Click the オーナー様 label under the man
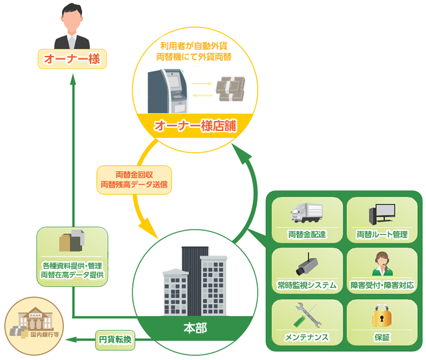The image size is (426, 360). point(72,60)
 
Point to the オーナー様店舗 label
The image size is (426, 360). point(195,125)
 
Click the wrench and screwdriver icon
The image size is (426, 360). point(307,317)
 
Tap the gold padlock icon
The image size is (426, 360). point(381,317)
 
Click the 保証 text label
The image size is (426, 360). point(382,337)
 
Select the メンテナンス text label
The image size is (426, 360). point(307,337)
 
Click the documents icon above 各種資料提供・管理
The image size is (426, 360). point(71,243)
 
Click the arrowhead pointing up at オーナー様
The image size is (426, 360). point(73,80)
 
